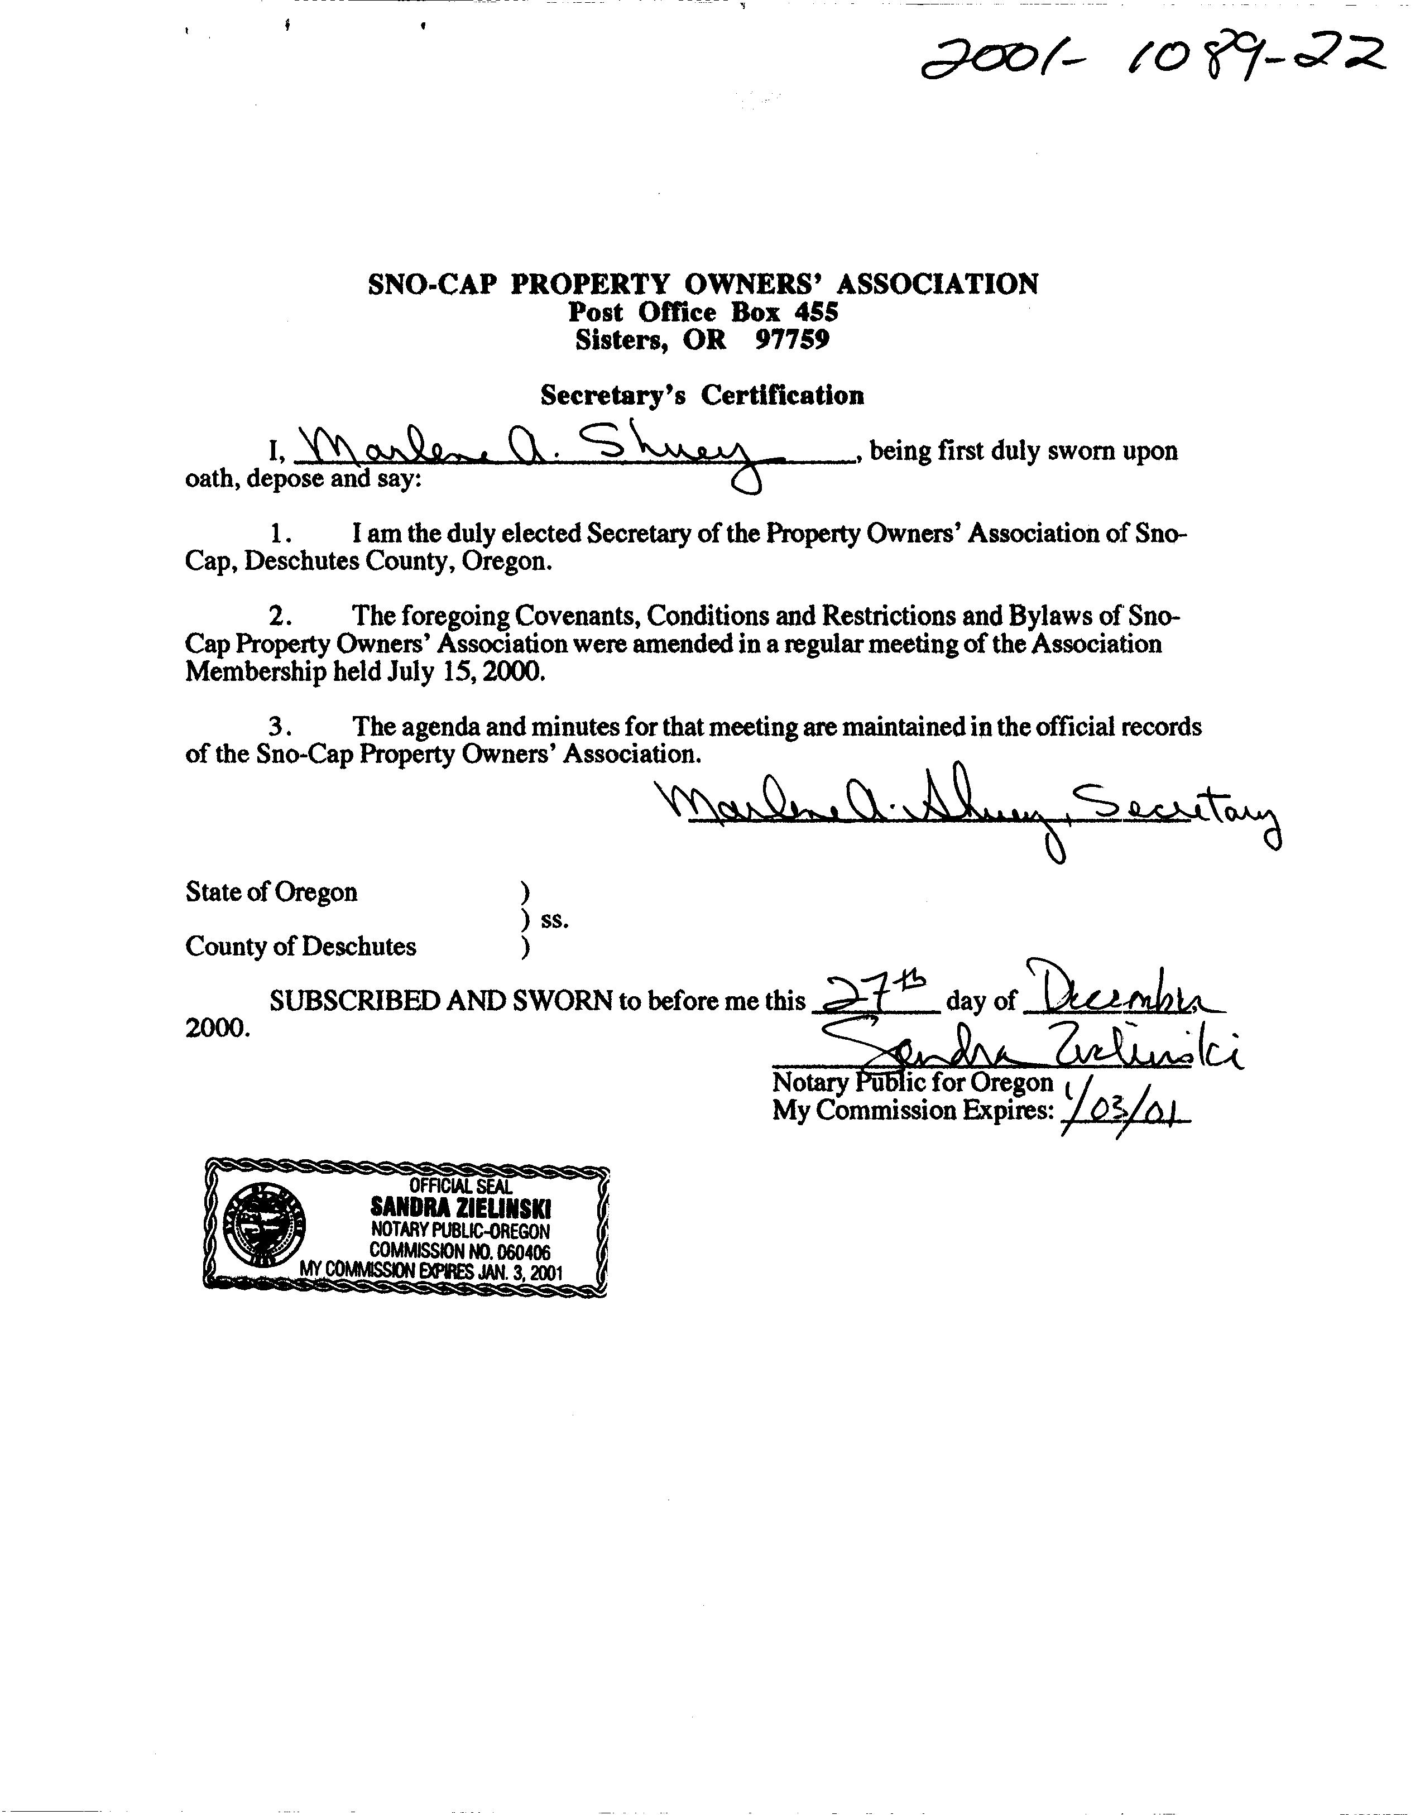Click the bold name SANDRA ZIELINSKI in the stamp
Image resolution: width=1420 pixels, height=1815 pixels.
pos(460,1208)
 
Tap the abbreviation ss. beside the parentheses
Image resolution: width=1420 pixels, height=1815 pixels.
pos(554,920)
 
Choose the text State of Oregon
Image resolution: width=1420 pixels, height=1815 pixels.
pos(272,892)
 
